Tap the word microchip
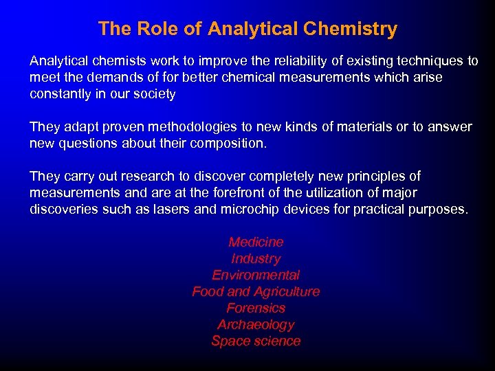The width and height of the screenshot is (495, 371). pyautogui.click(x=249, y=209)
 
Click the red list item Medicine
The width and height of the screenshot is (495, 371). pyautogui.click(x=256, y=242)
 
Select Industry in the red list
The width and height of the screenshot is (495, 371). pyautogui.click(x=256, y=258)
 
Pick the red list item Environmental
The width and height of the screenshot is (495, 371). pyautogui.click(x=256, y=275)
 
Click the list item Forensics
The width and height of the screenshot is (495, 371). pyautogui.click(x=256, y=308)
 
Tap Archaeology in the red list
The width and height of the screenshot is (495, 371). pyautogui.click(x=256, y=324)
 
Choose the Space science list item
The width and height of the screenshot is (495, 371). pyautogui.click(x=256, y=341)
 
